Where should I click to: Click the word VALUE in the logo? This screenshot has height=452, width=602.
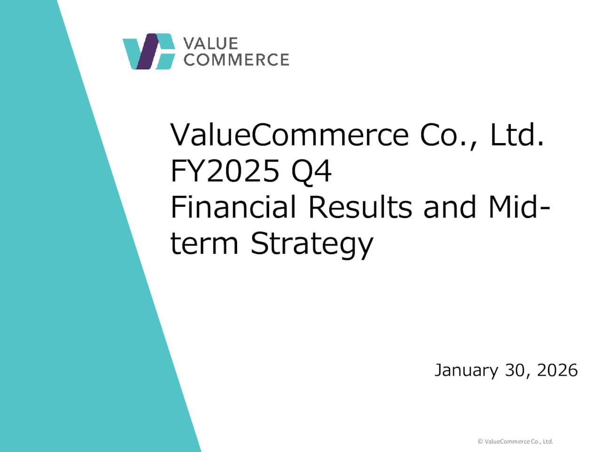210,43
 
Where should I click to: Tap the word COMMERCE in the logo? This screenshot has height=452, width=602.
236,60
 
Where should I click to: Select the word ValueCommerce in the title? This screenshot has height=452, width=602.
289,135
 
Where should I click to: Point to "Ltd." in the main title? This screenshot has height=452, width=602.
517,135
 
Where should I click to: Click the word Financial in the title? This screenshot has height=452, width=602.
233,207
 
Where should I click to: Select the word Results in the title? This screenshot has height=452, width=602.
360,207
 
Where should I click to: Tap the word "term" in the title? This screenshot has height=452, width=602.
204,243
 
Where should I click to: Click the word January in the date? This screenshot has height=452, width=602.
465,371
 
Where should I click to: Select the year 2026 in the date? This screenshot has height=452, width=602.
557,371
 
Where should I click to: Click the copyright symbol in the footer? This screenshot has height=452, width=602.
480,442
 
